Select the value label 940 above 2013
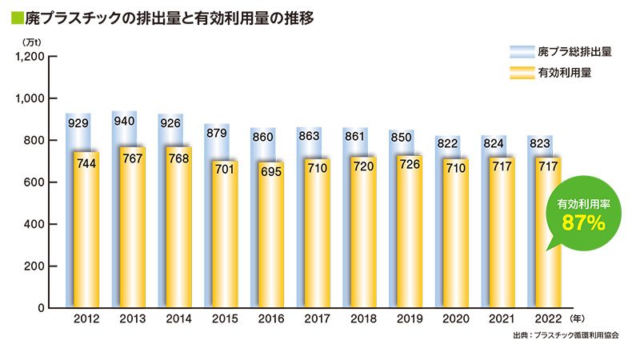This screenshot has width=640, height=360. click(124, 122)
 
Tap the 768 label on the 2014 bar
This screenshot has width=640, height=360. click(178, 158)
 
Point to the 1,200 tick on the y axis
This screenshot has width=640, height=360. click(30, 57)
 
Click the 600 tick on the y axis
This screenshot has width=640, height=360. click(34, 182)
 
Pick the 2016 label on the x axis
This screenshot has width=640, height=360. click(271, 318)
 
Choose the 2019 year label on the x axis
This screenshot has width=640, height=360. click(410, 318)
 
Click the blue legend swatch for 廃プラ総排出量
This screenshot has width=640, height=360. click(522, 52)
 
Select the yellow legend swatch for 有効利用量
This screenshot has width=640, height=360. click(522, 74)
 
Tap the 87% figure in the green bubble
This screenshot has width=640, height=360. click(582, 224)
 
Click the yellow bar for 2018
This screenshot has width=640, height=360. click(363, 240)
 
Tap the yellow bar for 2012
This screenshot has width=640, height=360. click(86, 240)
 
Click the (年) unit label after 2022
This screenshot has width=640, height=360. click(577, 318)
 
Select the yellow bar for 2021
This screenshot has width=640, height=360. click(502, 240)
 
